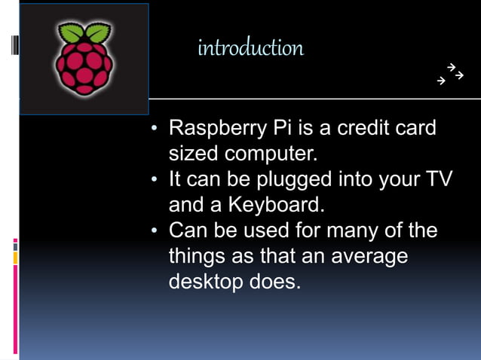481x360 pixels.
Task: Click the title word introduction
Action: (250, 48)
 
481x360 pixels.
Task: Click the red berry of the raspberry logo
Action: (84, 69)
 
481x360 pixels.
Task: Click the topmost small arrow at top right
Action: (450, 67)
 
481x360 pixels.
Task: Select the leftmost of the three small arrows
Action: (442, 79)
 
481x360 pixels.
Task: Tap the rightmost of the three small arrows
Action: (458, 75)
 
